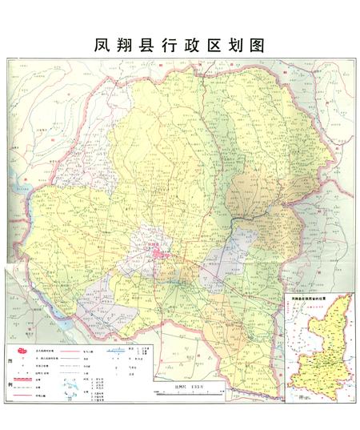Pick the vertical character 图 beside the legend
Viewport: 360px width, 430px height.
tap(10, 362)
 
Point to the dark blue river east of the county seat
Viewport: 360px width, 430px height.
tap(240, 217)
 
